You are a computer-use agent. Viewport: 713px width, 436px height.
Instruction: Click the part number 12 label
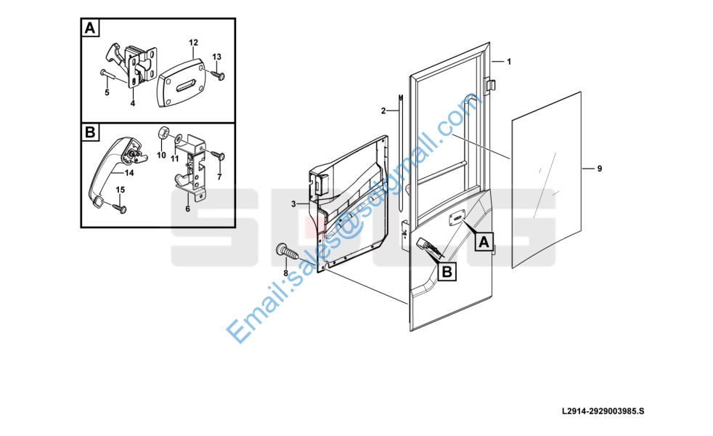pos(193,43)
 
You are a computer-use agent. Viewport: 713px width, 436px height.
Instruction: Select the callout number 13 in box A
pos(217,57)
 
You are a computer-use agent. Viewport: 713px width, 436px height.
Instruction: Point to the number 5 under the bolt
pos(107,93)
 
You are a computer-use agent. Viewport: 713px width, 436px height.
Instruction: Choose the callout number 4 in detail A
pos(133,104)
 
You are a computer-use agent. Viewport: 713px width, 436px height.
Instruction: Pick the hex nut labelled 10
pos(163,135)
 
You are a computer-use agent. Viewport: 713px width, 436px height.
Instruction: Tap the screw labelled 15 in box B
pos(120,209)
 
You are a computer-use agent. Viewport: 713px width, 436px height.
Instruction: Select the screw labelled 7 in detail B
pos(219,156)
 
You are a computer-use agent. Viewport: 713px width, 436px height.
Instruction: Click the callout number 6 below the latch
pos(187,209)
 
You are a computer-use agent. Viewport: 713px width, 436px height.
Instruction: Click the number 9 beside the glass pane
pos(599,169)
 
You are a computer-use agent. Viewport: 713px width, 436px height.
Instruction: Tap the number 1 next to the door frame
pos(509,62)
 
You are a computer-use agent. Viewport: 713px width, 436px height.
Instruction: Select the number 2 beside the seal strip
pos(383,110)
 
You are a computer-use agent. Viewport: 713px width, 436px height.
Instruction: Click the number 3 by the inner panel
pos(293,204)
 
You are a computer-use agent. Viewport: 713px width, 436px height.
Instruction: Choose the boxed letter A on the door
pos(484,242)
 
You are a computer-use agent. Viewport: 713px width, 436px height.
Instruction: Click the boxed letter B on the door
pos(447,272)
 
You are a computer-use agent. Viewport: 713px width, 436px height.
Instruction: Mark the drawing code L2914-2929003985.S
pos(603,411)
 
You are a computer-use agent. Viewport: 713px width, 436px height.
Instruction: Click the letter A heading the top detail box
pos(90,28)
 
